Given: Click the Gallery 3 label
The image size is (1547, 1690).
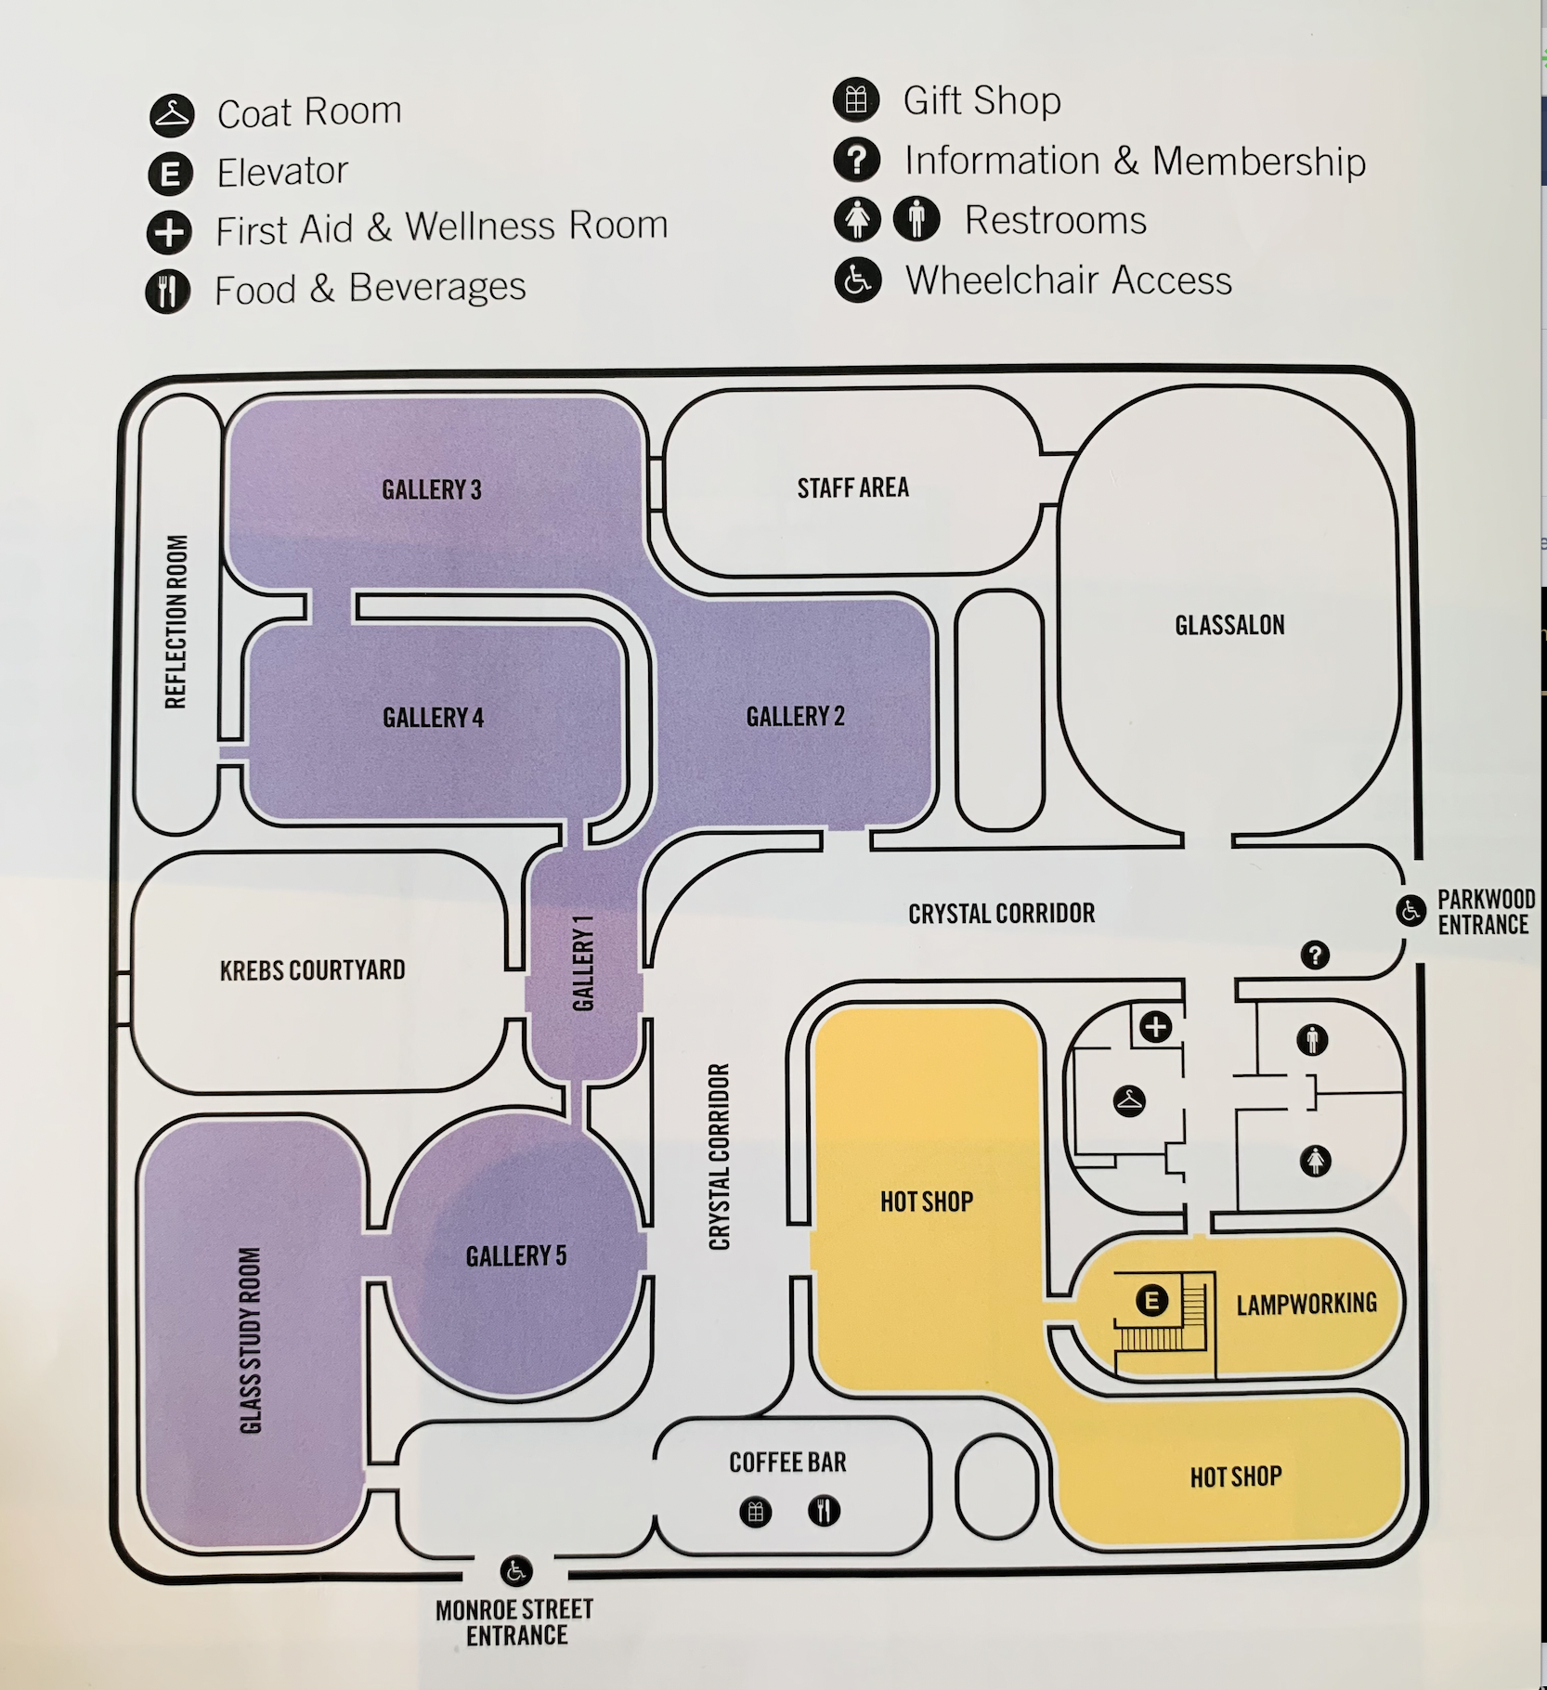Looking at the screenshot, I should [x=432, y=489].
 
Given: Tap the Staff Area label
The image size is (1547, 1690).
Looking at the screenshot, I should [x=852, y=487].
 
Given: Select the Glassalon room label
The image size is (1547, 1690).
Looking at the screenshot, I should [x=1229, y=625].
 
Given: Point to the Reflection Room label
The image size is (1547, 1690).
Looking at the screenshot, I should [x=175, y=621].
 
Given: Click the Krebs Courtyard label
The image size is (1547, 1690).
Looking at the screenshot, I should [x=312, y=970].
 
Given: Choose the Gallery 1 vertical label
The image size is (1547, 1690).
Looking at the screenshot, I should [x=583, y=963].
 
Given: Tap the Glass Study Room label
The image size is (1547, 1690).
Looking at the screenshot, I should [x=251, y=1340].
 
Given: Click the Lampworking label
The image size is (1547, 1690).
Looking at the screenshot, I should [x=1306, y=1304].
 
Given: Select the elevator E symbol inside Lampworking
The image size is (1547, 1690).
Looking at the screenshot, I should [x=1152, y=1300].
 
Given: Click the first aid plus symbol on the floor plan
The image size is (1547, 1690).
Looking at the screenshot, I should [x=1156, y=1027].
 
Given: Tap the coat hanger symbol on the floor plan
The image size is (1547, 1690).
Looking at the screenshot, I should [x=1129, y=1101].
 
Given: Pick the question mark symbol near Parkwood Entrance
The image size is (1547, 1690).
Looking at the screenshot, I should [x=1315, y=955].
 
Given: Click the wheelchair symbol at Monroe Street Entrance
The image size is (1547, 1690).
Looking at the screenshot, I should [x=516, y=1571].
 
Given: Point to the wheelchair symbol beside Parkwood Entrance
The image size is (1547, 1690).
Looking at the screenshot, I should [x=1411, y=911].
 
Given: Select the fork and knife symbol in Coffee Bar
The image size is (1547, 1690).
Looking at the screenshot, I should [x=824, y=1511].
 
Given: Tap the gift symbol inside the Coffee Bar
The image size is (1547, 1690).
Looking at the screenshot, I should [x=756, y=1512].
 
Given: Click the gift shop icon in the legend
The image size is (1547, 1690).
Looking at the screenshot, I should [x=856, y=100].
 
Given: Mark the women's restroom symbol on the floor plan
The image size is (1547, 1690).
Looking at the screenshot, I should [x=1316, y=1160].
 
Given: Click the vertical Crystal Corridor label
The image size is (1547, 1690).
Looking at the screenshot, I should [x=720, y=1157].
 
